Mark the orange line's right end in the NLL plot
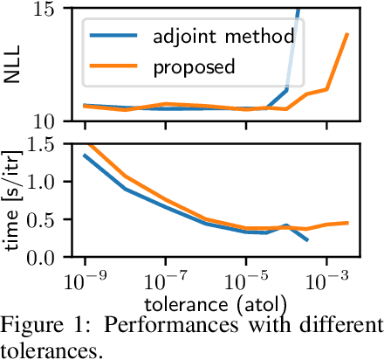click(x=347, y=34)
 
